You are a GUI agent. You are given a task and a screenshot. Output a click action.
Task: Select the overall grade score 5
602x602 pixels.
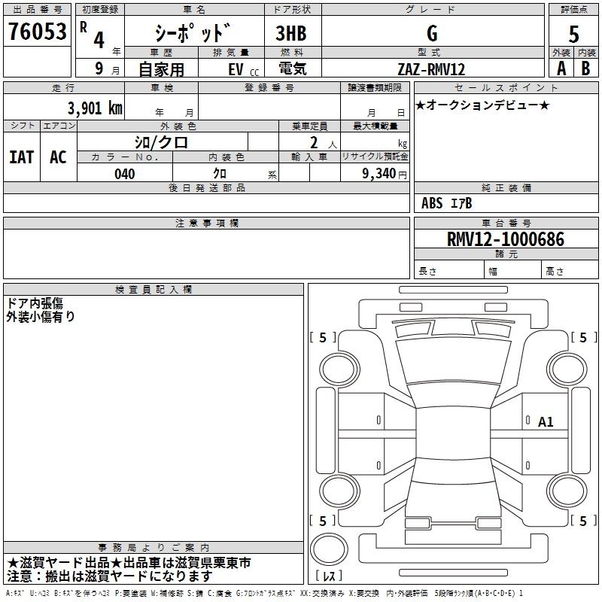point(573,34)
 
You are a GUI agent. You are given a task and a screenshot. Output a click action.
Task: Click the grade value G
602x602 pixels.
point(432,34)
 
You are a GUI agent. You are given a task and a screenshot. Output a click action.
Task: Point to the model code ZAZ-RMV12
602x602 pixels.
point(431,69)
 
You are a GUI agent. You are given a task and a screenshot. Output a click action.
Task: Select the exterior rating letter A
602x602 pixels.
point(561,68)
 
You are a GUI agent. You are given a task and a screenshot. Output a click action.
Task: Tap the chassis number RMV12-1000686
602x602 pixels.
point(505,240)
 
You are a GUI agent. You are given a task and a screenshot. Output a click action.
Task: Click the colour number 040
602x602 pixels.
point(124,174)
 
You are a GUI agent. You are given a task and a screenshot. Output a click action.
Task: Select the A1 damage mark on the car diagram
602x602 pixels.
point(546,422)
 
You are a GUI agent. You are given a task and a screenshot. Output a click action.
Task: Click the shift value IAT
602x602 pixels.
point(21,157)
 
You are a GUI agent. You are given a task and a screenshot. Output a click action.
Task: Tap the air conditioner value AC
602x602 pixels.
point(58,157)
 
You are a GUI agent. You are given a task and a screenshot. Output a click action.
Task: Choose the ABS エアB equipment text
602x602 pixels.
point(446,203)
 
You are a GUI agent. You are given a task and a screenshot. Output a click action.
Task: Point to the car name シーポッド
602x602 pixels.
point(193,34)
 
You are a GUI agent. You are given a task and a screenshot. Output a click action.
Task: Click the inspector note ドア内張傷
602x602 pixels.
point(35,303)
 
